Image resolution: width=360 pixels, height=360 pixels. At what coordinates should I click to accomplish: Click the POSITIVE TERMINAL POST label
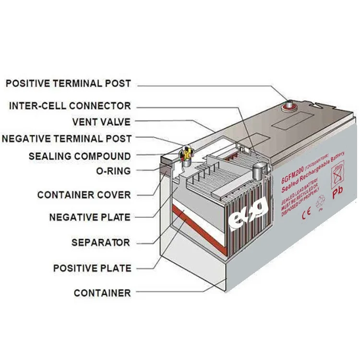[68, 83]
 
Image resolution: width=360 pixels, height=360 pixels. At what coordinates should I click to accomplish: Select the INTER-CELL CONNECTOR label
[70, 106]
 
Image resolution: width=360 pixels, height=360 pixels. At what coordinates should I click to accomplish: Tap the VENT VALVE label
[101, 122]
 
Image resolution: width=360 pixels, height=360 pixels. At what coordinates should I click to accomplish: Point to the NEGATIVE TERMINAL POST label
[67, 139]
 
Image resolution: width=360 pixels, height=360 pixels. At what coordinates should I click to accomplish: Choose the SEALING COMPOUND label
[79, 156]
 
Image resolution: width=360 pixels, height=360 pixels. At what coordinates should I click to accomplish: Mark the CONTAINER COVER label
[84, 195]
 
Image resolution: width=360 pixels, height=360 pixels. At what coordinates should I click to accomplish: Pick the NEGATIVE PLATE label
[89, 217]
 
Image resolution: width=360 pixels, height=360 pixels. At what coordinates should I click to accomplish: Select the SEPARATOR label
[101, 242]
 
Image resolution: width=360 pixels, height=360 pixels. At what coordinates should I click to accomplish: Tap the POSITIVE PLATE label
[92, 268]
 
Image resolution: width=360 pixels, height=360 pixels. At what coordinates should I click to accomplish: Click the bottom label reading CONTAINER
[102, 293]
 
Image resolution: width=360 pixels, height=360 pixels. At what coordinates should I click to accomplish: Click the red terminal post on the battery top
[289, 105]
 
